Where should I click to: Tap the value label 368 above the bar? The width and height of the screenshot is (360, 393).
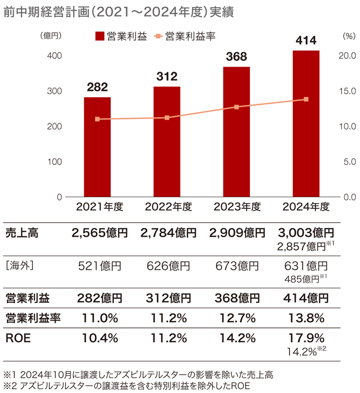236,57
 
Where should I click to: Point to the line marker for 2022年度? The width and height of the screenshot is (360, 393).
167,117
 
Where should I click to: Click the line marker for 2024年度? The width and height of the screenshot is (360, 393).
306,99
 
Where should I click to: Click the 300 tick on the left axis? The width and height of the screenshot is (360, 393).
55,91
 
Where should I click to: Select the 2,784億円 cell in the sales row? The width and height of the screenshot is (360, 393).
167,232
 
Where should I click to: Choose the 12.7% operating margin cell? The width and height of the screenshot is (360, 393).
236,318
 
